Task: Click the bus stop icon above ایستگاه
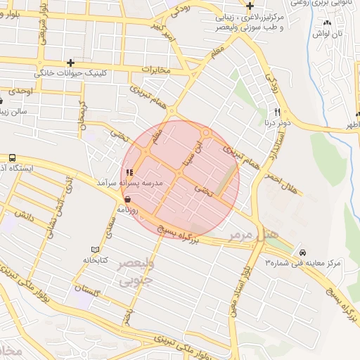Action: coord(13,157)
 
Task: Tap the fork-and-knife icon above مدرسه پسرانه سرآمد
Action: coord(129,172)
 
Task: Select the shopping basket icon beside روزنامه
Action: coord(127,200)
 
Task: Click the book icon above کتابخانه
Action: coord(96,250)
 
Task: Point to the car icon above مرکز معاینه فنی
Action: coord(302,252)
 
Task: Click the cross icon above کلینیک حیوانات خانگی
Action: coord(69,63)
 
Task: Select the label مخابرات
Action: coord(156,70)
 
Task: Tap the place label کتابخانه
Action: coord(95,260)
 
